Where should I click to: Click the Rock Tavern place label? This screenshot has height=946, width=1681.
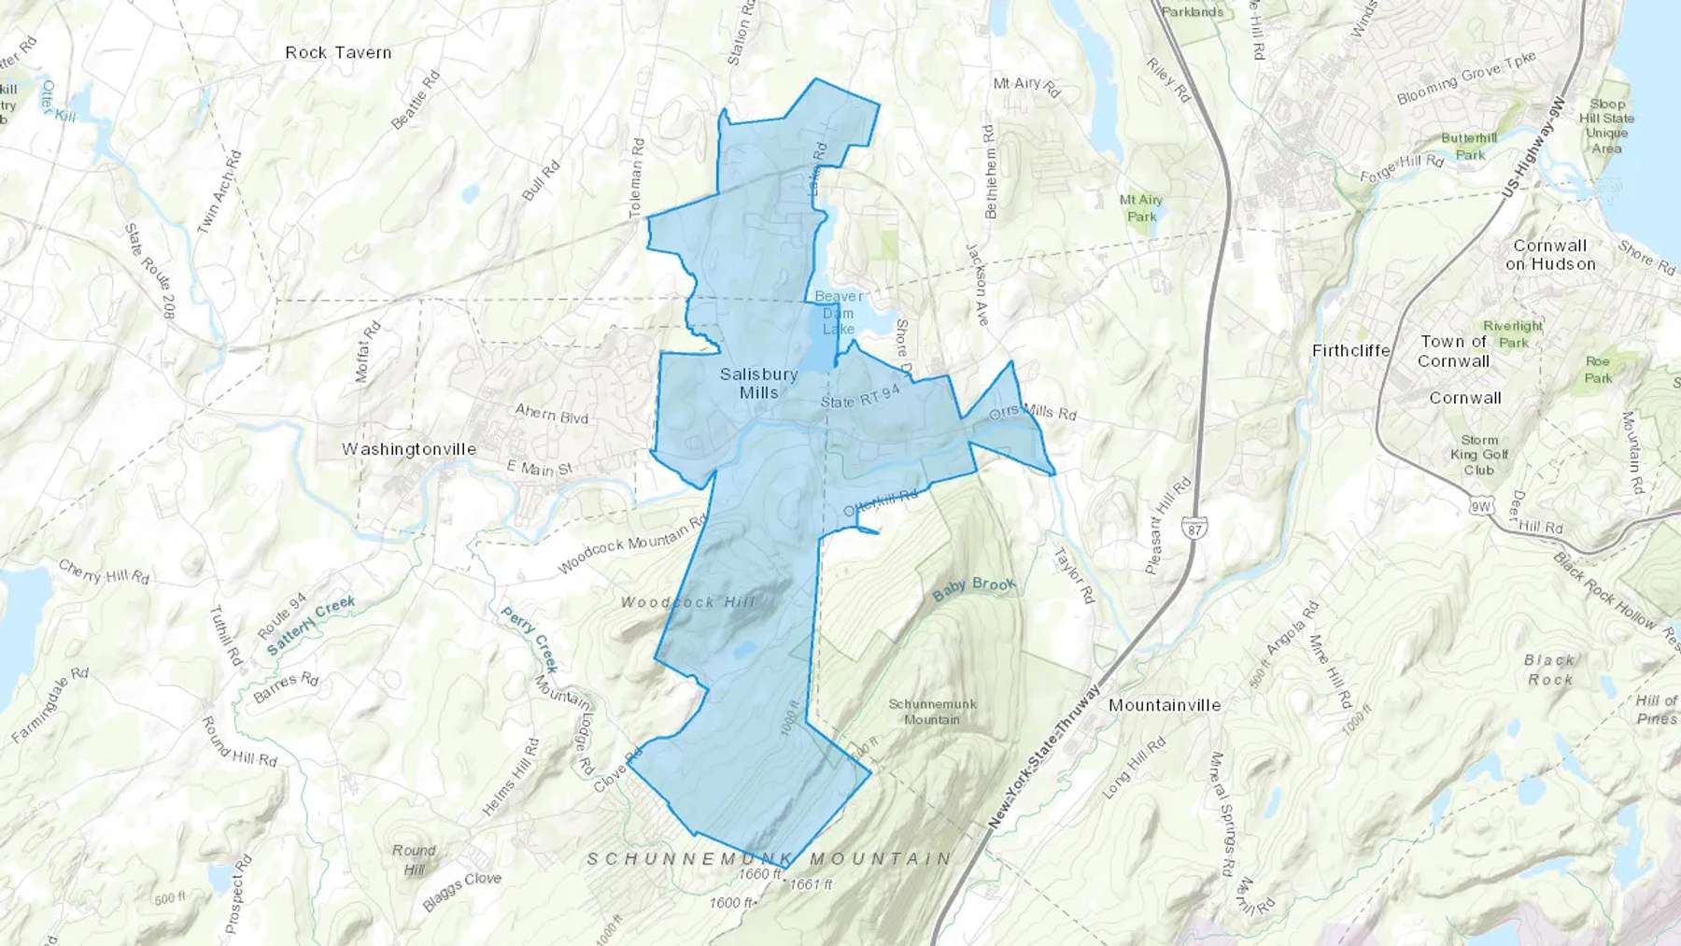tap(338, 52)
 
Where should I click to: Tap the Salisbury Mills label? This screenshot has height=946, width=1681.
tap(758, 384)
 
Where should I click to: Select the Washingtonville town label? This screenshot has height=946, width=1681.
tap(409, 449)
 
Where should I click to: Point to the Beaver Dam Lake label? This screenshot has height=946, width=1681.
tap(838, 312)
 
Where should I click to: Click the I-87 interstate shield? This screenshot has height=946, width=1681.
tap(1196, 528)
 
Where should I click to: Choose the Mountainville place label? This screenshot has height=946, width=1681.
tap(1165, 705)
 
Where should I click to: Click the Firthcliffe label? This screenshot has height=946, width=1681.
tap(1350, 351)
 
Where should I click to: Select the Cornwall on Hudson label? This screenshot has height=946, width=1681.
tap(1550, 255)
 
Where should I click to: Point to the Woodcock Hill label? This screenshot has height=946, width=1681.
tap(688, 602)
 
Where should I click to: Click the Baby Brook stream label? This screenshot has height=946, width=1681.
tap(974, 587)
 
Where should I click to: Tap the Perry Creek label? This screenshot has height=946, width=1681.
tap(530, 640)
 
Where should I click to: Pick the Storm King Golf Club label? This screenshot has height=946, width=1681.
tap(1479, 455)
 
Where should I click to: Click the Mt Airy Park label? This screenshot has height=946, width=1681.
tap(1141, 208)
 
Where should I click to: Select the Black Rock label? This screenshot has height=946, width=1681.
tap(1550, 670)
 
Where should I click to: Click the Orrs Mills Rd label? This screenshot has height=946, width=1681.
tap(1033, 412)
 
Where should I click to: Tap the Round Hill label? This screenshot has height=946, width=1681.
tap(414, 859)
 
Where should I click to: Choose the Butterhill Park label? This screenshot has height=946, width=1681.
tap(1469, 147)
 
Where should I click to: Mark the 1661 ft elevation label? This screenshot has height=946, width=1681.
tap(811, 884)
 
